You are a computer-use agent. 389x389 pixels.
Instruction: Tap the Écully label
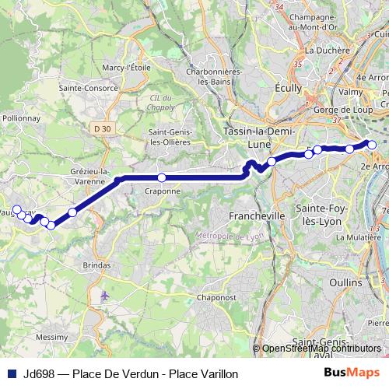289,89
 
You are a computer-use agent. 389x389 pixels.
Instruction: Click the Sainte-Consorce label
89,88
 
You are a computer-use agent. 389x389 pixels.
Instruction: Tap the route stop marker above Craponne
162,177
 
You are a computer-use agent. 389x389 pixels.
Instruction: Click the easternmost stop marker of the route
372,145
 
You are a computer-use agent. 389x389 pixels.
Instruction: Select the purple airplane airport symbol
105,296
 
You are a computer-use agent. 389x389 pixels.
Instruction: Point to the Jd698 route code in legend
38,373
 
